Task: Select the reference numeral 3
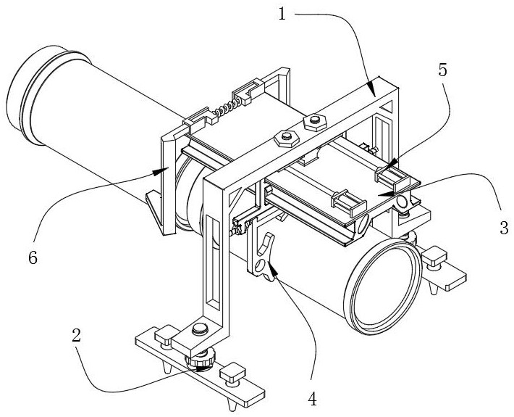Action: coord(503,227)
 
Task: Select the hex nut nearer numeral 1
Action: coord(313,120)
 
